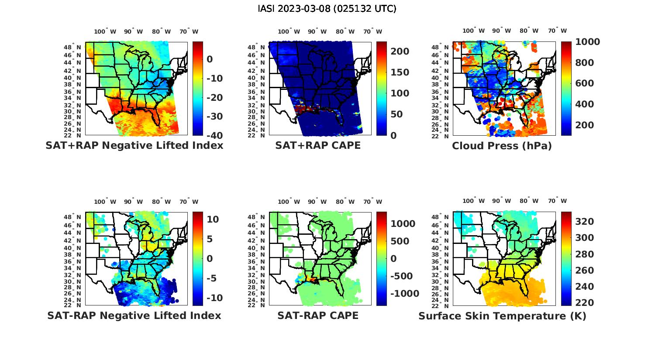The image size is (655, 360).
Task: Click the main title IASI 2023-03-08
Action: point(327,9)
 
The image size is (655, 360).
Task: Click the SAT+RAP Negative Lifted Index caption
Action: point(134,145)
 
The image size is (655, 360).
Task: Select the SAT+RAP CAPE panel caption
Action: point(318,145)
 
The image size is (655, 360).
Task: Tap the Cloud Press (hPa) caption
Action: point(502,146)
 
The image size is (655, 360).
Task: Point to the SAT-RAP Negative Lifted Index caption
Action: point(134,315)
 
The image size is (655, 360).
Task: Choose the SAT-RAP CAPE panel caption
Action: point(318,315)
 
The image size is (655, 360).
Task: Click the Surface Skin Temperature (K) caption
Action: point(502,316)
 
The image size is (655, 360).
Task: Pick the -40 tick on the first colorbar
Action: point(215,135)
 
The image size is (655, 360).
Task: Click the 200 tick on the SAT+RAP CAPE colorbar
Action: point(400,51)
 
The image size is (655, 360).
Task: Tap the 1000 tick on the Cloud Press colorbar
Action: point(587,42)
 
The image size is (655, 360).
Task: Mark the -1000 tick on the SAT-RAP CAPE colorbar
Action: point(404,294)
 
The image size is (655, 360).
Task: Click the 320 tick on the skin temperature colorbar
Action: point(584,222)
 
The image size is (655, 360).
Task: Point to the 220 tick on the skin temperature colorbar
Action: point(584,303)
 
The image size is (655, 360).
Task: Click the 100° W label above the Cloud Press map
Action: point(473,31)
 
